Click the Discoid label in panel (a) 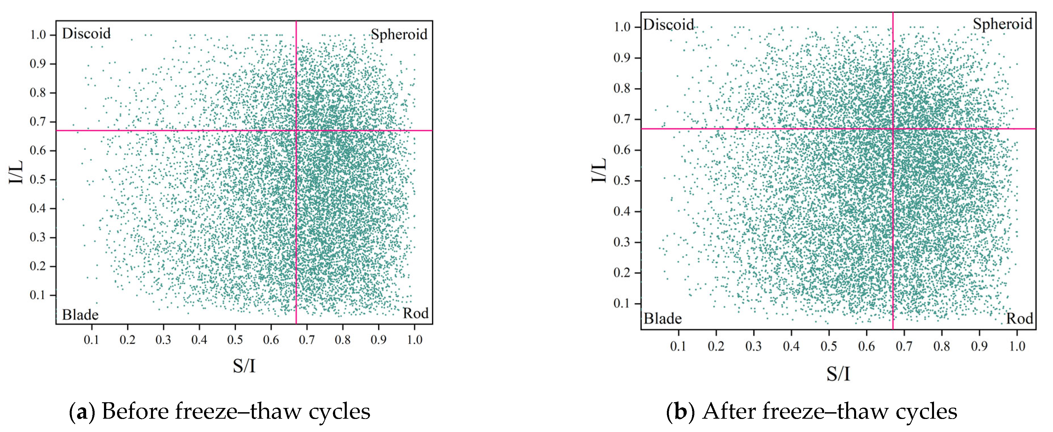pos(86,33)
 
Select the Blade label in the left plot pos(80,315)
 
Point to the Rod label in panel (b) pos(1020,318)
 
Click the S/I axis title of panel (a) pos(244,366)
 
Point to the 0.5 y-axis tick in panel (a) pos(38,179)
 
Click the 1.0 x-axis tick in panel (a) pos(414,340)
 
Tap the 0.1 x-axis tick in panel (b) pos(678,346)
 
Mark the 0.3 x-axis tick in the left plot pos(163,340)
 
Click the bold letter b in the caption pos(680,412)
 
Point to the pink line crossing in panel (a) pos(296,130)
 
